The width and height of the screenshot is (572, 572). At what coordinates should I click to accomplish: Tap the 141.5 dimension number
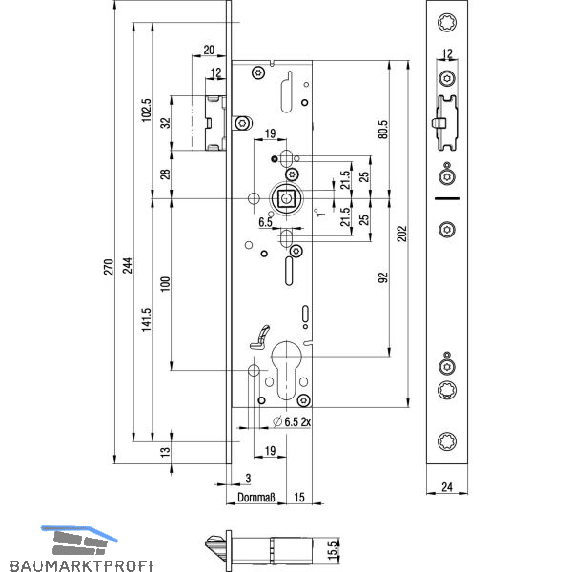point(146,319)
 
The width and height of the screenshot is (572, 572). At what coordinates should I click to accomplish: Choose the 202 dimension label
point(401,233)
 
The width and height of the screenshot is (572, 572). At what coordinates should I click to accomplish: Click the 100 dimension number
point(164,283)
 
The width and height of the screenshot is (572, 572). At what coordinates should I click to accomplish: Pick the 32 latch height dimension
point(164,122)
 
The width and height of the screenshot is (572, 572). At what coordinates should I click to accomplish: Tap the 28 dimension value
point(164,174)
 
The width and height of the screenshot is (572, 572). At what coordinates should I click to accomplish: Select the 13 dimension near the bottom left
point(164,452)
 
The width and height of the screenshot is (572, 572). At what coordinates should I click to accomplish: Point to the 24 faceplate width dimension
point(446,487)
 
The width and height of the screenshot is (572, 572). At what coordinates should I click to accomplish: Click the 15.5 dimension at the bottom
point(333,549)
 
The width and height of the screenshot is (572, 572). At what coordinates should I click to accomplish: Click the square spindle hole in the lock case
point(286,197)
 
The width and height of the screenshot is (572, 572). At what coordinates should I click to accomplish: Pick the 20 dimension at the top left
point(209,50)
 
